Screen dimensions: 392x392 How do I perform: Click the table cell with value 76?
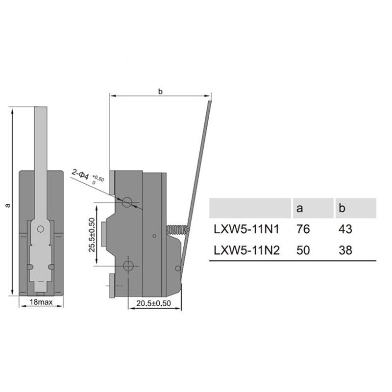pos(303,229)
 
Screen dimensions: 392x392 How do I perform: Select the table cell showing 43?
pos(345,229)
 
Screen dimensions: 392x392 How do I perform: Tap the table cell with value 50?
pos(303,250)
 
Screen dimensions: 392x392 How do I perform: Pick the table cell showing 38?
pos(345,250)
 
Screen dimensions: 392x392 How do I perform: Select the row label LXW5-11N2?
pos(246,250)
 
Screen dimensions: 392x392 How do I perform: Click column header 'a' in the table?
pos(300,208)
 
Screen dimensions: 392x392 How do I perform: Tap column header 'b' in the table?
pos(342,208)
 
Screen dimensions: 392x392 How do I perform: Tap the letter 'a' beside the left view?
pos(7,205)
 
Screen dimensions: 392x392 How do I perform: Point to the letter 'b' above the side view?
pos(160,92)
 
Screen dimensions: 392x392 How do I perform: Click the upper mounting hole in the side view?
pos(128,201)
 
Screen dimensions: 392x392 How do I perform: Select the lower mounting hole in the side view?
pos(128,266)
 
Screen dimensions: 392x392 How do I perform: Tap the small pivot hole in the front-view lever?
pos(41,228)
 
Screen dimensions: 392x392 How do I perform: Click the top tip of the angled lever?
pos(210,102)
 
